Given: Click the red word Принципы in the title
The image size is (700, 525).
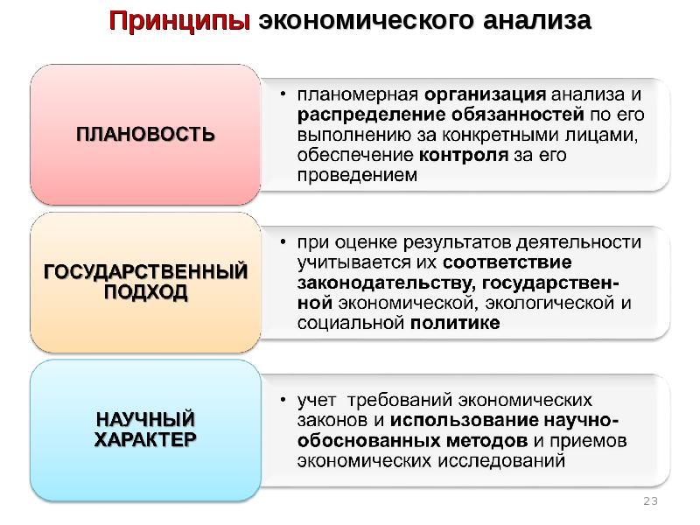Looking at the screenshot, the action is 179,21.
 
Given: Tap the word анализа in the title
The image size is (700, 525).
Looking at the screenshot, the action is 537,20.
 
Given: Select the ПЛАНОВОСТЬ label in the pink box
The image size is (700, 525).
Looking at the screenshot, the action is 145,135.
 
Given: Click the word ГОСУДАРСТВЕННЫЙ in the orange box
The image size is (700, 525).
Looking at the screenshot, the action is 145,271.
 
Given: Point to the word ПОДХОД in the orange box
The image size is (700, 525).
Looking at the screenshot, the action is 145,292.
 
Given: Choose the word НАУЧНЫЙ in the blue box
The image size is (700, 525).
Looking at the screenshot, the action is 145,419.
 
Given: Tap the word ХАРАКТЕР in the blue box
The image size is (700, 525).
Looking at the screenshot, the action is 145,440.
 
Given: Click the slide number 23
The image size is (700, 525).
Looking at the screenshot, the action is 650,500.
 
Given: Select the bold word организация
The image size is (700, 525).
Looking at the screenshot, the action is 485,95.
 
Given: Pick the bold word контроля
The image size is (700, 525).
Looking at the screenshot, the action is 464,155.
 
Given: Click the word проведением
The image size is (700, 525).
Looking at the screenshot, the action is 357,175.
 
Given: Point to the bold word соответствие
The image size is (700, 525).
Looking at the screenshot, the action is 507,262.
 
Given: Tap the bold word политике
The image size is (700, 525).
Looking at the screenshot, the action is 455,323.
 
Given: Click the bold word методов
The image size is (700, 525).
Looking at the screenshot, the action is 487,441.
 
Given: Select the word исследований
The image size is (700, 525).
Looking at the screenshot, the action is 501,461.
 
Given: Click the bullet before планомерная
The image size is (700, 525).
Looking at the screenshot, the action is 283,94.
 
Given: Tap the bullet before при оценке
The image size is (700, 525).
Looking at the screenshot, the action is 283,241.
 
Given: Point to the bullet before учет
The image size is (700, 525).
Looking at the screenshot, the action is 283,400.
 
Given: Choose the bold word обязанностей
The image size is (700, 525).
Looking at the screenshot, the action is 517,115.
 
